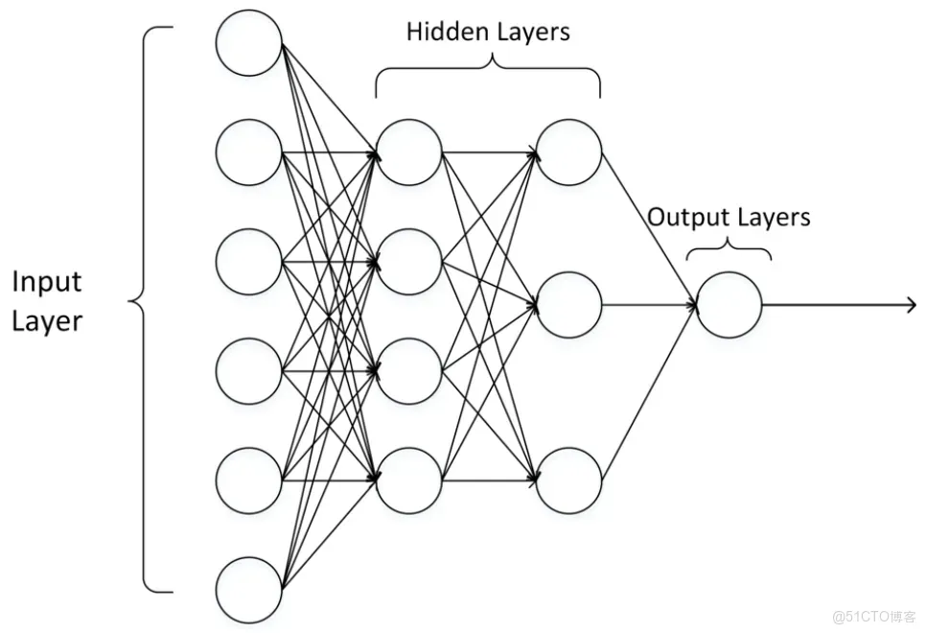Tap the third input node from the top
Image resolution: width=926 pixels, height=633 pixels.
(249, 261)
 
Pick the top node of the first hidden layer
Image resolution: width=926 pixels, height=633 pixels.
(409, 152)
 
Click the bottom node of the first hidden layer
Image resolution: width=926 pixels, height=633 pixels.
(409, 480)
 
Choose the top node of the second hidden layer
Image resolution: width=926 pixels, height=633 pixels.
(569, 152)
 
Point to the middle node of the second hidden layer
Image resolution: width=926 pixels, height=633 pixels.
(569, 305)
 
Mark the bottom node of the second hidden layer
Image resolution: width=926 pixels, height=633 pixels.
(569, 480)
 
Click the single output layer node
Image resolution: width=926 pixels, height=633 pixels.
(729, 305)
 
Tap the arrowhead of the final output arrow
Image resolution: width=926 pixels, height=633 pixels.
(911, 305)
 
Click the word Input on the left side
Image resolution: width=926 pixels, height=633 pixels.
(47, 282)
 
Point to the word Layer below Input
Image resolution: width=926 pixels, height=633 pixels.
(47, 320)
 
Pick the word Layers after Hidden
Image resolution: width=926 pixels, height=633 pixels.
(532, 33)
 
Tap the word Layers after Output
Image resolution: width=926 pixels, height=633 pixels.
(773, 218)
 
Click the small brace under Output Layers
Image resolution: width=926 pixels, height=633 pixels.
(729, 250)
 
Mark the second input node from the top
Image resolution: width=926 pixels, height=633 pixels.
(249, 152)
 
